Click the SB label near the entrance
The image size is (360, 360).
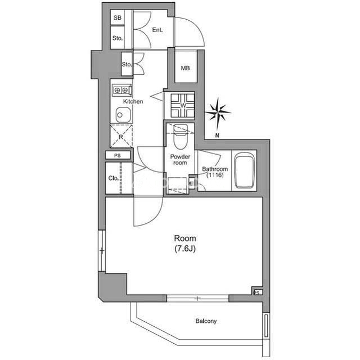(118, 17)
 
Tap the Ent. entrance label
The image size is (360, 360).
(157, 30)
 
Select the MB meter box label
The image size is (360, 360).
(185, 68)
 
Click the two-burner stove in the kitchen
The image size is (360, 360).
(122, 90)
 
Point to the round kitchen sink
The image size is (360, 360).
(123, 115)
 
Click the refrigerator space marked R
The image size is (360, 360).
(121, 136)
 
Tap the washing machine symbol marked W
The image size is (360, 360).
(183, 106)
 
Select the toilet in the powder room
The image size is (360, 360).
(181, 137)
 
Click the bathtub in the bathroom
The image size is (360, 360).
(244, 171)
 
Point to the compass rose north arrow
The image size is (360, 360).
(218, 113)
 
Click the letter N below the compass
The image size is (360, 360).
(217, 136)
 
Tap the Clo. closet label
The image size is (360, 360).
(114, 178)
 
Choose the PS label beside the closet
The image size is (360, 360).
(118, 155)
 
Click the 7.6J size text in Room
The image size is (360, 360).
(185, 249)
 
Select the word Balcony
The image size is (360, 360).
(206, 321)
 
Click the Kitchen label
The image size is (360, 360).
(133, 101)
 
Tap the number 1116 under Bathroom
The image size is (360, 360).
(215, 175)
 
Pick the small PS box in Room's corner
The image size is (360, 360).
(258, 292)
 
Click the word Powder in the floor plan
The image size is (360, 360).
(180, 157)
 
